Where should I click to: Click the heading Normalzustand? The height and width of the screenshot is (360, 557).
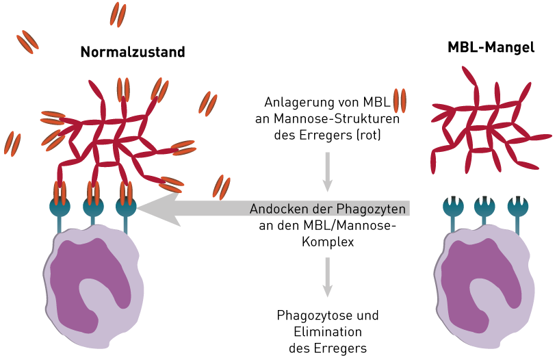[x=133, y=52]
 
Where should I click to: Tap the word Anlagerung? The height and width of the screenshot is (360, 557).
[x=298, y=103]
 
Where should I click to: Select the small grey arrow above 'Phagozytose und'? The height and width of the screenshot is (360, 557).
[x=328, y=277]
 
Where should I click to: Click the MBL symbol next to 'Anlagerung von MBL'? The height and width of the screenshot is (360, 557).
[x=400, y=101]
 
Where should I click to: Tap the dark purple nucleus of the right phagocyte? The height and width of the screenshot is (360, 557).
[x=478, y=274]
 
